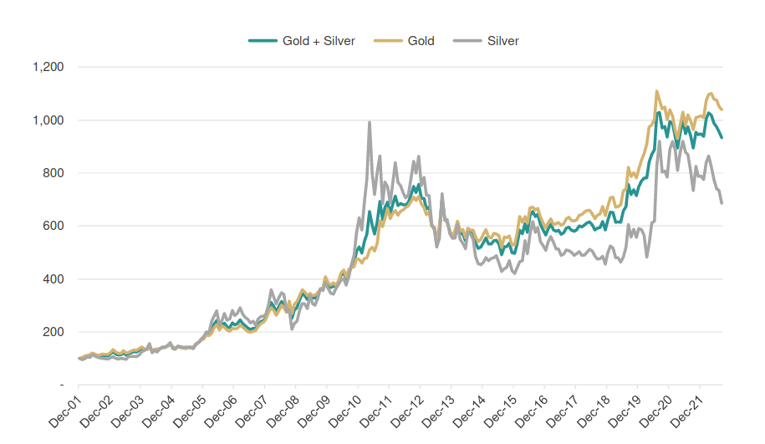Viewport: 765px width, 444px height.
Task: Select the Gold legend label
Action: point(421,41)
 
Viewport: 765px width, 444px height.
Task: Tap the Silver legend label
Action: point(502,41)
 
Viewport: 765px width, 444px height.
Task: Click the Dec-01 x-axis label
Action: point(65,410)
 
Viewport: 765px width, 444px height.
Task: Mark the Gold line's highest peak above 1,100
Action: point(656,91)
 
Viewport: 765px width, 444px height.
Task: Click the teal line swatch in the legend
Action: point(263,41)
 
